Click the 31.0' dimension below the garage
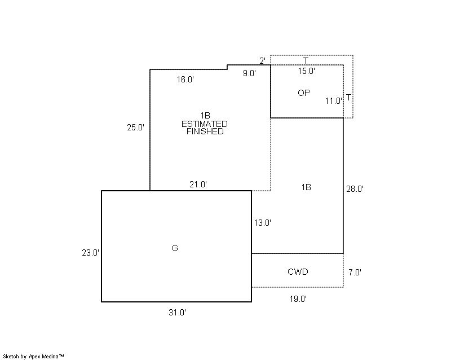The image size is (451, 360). pos(177,312)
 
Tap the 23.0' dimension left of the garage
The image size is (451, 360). pos(91,253)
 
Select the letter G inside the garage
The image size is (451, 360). pos(175,248)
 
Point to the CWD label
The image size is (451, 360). pos(298,271)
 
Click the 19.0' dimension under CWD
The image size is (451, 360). pos(298,299)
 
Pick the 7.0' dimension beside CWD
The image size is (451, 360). pos(355,272)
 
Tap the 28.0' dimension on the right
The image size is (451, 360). pos(355,189)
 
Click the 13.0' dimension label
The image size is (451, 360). pos(263,223)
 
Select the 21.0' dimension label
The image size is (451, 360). pos(198,185)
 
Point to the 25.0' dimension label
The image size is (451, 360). pos(136,128)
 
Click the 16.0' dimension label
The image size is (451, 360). pos(185,80)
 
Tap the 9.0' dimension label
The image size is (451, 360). pos(249,73)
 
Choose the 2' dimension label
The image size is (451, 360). pos(263,61)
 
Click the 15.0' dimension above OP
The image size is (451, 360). pos(307,71)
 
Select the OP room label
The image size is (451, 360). pos(304,93)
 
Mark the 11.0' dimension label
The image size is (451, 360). pos(334,101)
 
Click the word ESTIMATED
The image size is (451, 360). pos(205,124)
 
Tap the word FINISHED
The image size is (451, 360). pos(205,131)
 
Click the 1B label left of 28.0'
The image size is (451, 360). pos(306,187)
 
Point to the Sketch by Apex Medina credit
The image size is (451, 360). pos(33,357)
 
